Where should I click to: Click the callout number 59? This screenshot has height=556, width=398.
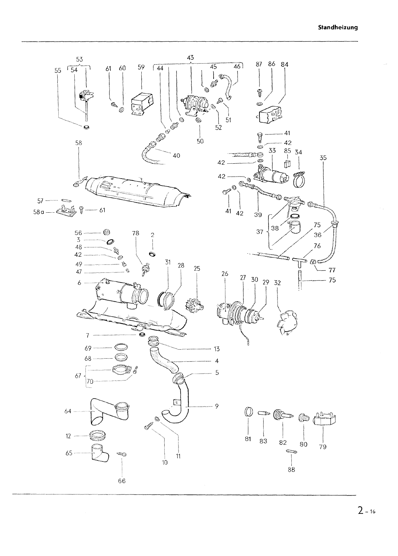click(141, 67)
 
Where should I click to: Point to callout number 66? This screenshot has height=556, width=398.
click(122, 481)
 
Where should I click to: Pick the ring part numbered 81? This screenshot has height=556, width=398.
click(248, 412)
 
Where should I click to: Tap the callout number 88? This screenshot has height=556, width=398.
click(291, 470)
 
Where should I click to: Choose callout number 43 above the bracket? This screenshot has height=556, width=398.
click(190, 58)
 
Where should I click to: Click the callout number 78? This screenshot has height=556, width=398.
click(135, 233)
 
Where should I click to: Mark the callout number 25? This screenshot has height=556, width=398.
click(197, 268)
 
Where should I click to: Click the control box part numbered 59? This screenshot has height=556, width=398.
click(142, 103)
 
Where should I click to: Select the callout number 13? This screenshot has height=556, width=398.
click(217, 349)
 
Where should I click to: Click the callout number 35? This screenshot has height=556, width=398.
click(323, 158)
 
